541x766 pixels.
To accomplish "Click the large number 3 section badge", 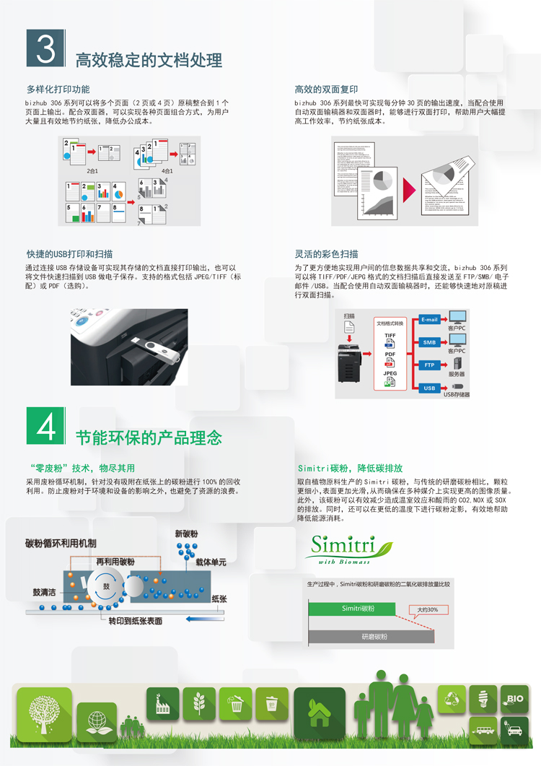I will coord(45,48).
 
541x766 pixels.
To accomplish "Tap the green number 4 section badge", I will coord(45,427).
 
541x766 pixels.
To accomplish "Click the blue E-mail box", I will coord(429,320).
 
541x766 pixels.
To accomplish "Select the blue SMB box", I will coord(429,342).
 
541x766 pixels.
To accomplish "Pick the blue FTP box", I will coord(429,365).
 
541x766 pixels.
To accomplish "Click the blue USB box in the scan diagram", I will coord(429,388).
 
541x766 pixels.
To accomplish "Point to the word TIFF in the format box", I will coord(390,336).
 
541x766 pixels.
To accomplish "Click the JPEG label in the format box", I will coord(390,373).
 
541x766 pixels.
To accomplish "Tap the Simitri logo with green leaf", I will coord(350,549).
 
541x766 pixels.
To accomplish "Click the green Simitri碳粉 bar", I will coord(359,609).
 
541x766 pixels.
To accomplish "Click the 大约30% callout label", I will coord(428,609).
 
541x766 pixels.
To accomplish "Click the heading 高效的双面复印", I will coord(326,90).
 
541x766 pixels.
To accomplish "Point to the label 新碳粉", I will coord(186,534).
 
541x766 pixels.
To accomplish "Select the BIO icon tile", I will coord(515,699).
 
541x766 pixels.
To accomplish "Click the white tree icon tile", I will coord(45,711).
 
